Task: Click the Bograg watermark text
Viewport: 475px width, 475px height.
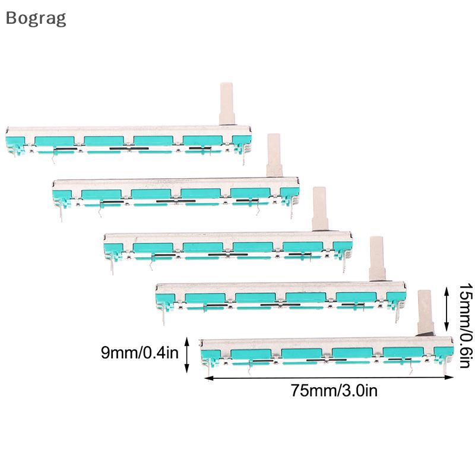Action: (x=36, y=19)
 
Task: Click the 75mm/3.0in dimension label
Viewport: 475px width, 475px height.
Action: (x=334, y=391)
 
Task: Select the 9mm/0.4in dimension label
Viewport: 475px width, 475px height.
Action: (x=140, y=353)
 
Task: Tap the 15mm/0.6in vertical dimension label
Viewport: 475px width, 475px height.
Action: (x=465, y=325)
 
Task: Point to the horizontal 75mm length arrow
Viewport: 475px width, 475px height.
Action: (x=329, y=378)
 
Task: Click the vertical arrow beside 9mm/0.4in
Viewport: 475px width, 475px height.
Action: (x=187, y=354)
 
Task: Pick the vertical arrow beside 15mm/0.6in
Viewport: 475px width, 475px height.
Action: (x=446, y=309)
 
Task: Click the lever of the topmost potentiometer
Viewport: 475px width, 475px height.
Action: (x=227, y=103)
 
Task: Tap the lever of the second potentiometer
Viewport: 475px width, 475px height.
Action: (x=274, y=155)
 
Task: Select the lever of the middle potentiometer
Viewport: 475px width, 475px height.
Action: (x=320, y=209)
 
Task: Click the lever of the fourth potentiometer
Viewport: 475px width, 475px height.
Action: (x=377, y=258)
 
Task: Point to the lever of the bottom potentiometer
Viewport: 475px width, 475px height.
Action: (x=425, y=312)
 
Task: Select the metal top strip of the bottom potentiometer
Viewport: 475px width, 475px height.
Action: (x=327, y=343)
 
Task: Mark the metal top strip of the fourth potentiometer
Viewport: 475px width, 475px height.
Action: (x=280, y=288)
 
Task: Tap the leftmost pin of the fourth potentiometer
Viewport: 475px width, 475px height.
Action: (x=164, y=316)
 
